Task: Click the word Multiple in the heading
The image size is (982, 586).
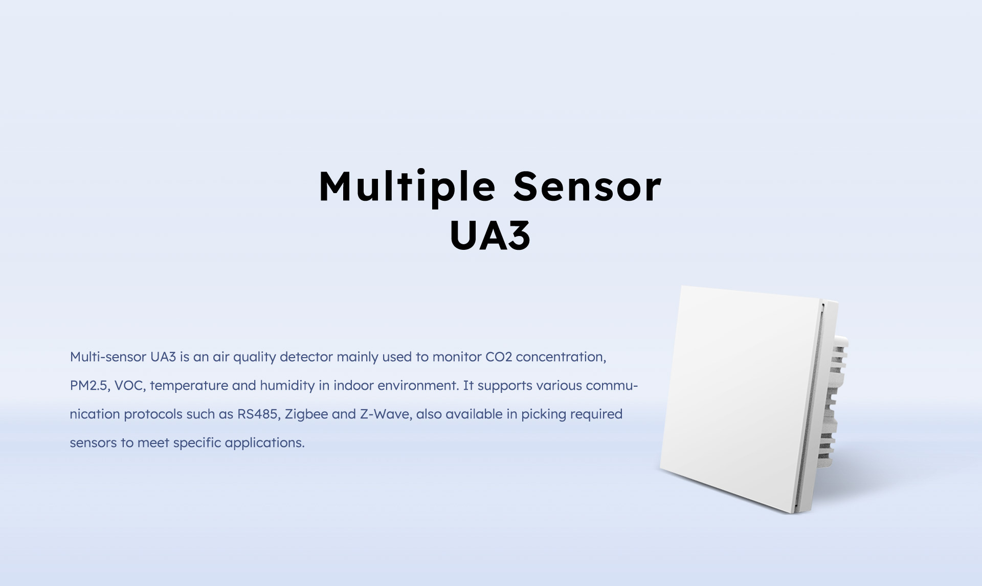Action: pyautogui.click(x=407, y=187)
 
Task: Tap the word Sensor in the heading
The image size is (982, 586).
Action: pyautogui.click(x=587, y=187)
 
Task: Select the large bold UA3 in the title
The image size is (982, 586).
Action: pyautogui.click(x=490, y=236)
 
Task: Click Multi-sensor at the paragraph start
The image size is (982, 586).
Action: pyautogui.click(x=108, y=357)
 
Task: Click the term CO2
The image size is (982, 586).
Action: pyautogui.click(x=498, y=357)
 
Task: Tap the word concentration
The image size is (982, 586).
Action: pyautogui.click(x=561, y=357)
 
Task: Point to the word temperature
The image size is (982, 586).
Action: pyautogui.click(x=189, y=386)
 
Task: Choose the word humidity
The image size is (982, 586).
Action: pyautogui.click(x=287, y=386)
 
